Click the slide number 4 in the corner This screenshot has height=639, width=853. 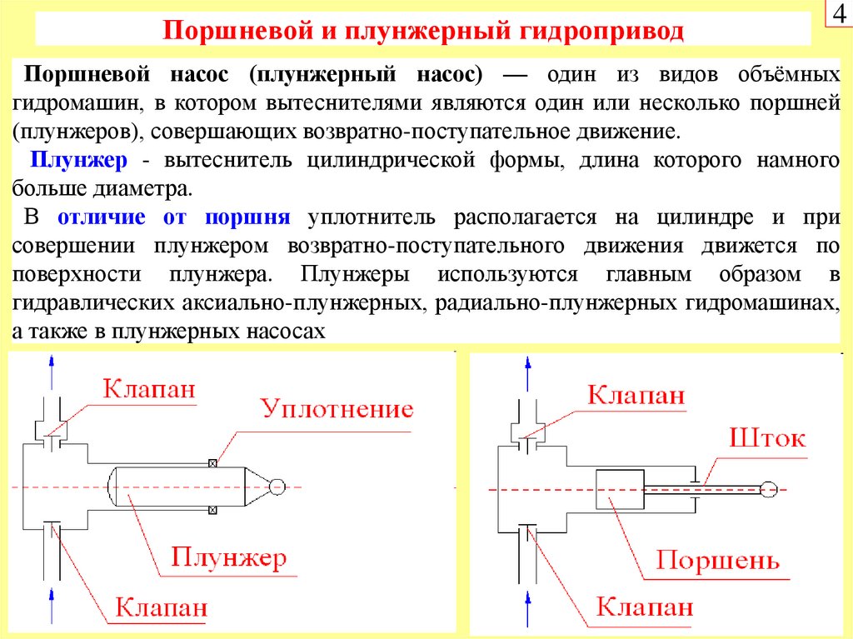coord(837,15)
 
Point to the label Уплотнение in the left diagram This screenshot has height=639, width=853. coord(337,409)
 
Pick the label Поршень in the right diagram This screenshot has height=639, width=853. coord(717,560)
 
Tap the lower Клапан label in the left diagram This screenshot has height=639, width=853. coord(162,607)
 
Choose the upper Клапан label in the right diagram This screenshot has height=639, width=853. coord(636,394)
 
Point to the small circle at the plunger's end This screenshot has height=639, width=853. coord(277,486)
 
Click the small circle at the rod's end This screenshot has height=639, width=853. coord(769,489)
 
